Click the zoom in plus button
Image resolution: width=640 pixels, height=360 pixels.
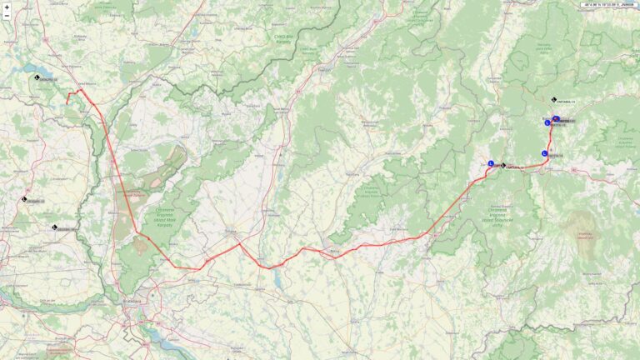point(7,7)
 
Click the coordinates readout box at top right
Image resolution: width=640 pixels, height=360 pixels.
point(608,4)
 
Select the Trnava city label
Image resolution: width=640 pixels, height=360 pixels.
point(231,233)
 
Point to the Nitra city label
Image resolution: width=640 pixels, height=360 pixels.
point(336,250)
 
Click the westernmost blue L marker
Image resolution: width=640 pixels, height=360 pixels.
point(491,163)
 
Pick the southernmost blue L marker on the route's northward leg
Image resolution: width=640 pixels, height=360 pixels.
point(545,153)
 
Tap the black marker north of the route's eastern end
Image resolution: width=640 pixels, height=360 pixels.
point(554,100)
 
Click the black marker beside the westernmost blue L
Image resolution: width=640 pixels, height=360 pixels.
point(503,165)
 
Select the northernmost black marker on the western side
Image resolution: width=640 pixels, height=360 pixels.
point(37,77)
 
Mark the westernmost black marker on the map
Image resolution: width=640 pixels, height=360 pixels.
point(24,199)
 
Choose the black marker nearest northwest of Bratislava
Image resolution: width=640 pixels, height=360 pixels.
point(54,227)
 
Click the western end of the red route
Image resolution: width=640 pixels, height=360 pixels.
point(68,102)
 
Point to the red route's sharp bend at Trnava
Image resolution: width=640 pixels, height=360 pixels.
point(240,243)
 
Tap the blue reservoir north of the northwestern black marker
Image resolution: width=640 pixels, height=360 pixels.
point(33,68)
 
